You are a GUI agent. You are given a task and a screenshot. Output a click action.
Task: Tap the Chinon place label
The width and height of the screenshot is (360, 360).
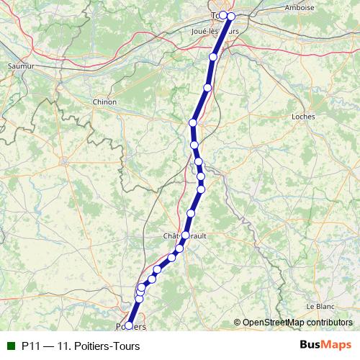coord(104,102)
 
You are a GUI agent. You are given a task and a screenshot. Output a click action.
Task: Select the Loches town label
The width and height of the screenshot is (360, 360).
coord(304,115)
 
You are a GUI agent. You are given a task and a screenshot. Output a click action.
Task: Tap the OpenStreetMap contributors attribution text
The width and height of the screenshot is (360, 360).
coord(297,323)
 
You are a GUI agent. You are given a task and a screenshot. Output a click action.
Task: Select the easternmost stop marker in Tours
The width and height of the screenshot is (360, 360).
coord(231,16)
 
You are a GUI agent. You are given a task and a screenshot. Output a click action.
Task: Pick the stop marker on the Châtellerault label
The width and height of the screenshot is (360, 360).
coord(186,235)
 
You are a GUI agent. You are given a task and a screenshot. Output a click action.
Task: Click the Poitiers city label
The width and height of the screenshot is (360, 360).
coord(131,327)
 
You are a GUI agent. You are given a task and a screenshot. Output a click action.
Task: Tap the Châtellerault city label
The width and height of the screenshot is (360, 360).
coord(186,236)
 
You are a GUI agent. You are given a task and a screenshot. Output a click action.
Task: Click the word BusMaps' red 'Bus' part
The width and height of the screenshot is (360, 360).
coord(311,346)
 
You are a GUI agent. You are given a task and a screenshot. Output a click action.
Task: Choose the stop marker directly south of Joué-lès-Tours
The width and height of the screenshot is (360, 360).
coord(213,57)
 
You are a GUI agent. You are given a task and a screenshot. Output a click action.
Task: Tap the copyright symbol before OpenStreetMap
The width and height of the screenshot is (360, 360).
coord(238,323)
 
